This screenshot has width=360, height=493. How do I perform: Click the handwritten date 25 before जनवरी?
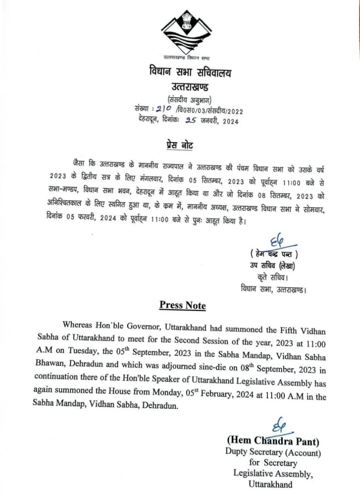point(190,121)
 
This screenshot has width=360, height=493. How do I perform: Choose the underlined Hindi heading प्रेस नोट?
point(177,146)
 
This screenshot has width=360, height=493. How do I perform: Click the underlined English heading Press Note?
point(182,305)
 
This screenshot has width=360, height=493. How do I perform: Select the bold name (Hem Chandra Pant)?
point(273,441)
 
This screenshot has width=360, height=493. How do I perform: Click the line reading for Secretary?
point(273,463)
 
